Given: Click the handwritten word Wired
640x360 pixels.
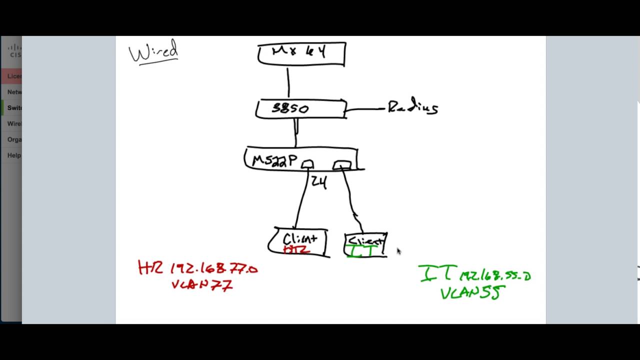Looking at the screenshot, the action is [153, 51].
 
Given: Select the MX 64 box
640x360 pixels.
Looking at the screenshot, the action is [301, 54].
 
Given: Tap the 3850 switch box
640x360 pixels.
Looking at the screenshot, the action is [300, 108].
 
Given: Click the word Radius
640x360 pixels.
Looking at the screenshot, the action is [413, 107].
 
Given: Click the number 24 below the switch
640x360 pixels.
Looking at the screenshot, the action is [319, 182].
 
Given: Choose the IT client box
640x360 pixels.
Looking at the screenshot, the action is [366, 245].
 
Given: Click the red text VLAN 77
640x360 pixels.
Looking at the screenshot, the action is [202, 285].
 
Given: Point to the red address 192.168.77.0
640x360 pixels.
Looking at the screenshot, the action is [214, 269].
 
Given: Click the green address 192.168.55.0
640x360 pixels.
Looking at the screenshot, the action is [495, 275].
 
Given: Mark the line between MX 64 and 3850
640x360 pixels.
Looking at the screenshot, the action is [288, 82].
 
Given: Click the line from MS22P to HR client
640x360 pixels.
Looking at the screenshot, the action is [301, 200].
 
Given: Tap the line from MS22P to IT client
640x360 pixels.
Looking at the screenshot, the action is [351, 200].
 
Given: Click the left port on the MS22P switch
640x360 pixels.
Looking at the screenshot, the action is [307, 164].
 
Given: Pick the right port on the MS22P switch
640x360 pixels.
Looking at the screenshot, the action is [342, 164].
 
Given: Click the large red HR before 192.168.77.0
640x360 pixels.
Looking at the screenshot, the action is [150, 268].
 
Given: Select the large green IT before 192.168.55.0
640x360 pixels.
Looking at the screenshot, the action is [436, 273].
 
